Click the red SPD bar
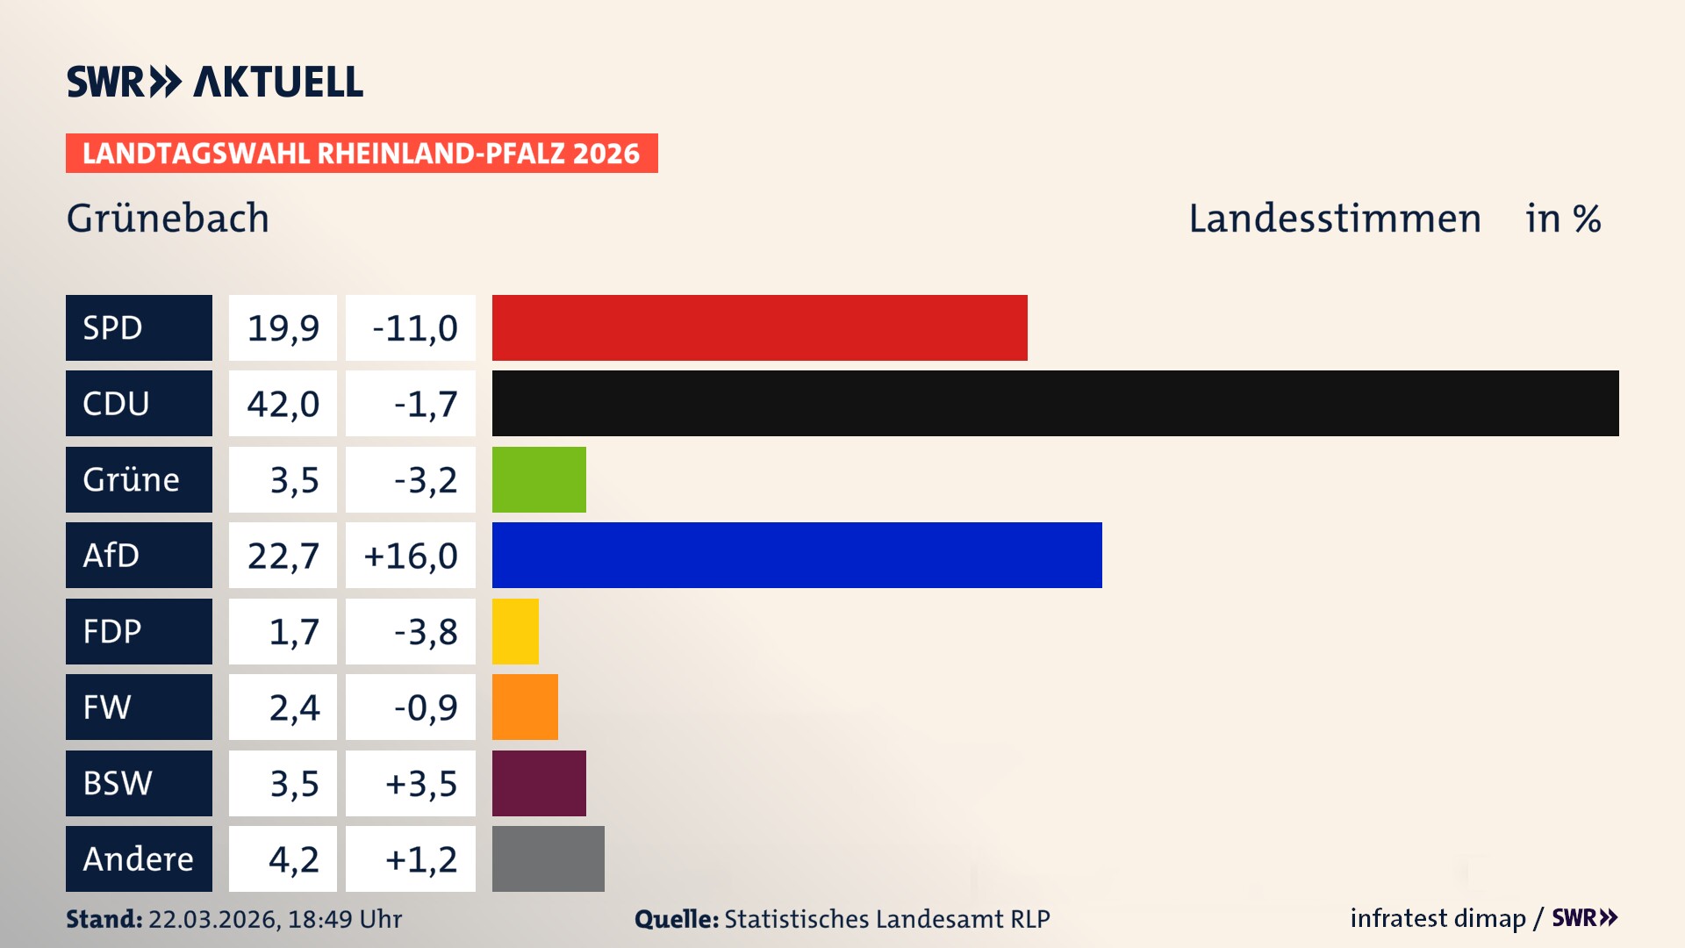click(759, 327)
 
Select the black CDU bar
click(1055, 403)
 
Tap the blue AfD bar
click(797, 555)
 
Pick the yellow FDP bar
click(515, 631)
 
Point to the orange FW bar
click(525, 707)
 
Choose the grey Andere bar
click(548, 858)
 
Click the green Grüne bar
click(539, 479)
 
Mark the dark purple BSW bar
click(539, 783)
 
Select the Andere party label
click(139, 858)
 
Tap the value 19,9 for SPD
click(283, 327)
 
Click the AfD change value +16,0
click(411, 555)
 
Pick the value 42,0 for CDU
click(283, 403)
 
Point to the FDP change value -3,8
click(425, 631)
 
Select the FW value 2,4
click(294, 707)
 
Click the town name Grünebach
click(168, 219)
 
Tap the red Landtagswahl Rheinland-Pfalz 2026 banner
click(362, 153)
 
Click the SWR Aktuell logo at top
click(215, 82)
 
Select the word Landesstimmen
click(1334, 219)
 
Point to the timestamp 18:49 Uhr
click(344, 919)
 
